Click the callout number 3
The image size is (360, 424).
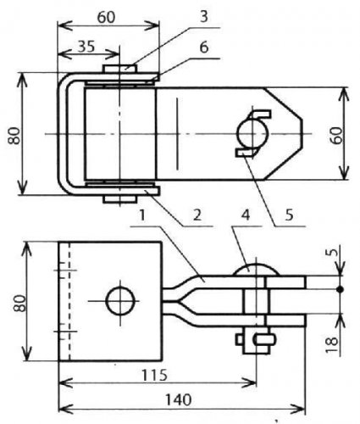[x=203, y=16]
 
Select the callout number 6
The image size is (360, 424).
[x=204, y=47]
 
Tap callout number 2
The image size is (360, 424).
[x=197, y=215]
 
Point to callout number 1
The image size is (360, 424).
[x=142, y=215]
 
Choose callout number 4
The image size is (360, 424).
[x=246, y=215]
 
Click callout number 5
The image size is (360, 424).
[x=289, y=215]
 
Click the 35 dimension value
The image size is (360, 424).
[x=86, y=46]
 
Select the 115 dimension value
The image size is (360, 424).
[x=154, y=375]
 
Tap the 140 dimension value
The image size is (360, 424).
[x=178, y=400]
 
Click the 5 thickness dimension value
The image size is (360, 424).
[x=334, y=252]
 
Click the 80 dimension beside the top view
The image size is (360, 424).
[x=14, y=136]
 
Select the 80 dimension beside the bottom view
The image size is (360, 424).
[x=19, y=303]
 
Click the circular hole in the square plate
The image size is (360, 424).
[x=120, y=301]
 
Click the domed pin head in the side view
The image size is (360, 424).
[x=256, y=270]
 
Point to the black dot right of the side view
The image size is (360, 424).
[x=341, y=289]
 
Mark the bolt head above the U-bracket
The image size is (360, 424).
[x=120, y=69]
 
